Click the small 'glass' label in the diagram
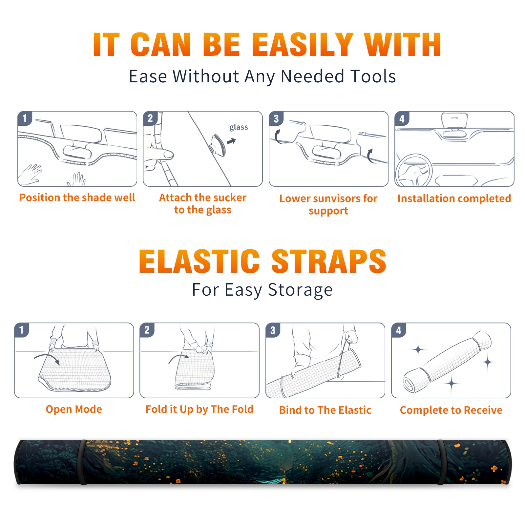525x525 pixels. [239, 127]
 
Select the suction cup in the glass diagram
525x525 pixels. [218, 145]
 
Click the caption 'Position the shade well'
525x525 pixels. [77, 198]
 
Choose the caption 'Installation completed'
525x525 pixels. [454, 199]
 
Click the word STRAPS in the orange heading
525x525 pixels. [329, 261]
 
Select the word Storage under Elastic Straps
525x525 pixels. [300, 290]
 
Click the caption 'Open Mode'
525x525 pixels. [74, 409]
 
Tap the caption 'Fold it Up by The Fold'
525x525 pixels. [199, 409]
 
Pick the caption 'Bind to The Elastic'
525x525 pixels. [325, 410]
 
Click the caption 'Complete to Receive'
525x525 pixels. [451, 410]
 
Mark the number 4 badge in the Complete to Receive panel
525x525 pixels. [398, 330]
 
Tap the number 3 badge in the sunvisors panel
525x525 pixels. [276, 119]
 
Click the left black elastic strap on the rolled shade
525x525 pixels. [82, 462]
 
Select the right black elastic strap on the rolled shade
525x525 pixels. [441, 462]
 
